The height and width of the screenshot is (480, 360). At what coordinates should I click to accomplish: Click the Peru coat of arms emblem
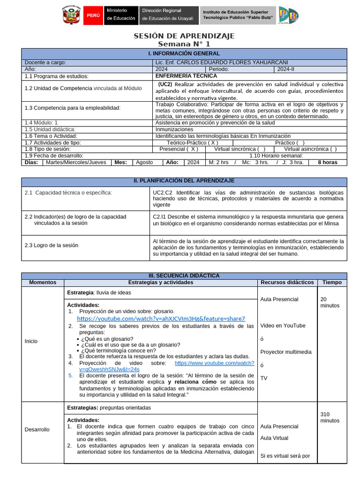[x=72, y=15]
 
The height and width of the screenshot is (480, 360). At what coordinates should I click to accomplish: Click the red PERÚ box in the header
[x=93, y=15]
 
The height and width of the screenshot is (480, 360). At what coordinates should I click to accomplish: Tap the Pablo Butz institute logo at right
[x=288, y=15]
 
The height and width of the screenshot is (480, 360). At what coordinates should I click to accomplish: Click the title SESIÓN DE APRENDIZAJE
[x=184, y=36]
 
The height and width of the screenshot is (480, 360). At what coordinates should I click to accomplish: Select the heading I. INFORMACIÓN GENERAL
[x=184, y=53]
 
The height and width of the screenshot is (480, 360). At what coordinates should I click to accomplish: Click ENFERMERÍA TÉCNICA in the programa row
[x=186, y=75]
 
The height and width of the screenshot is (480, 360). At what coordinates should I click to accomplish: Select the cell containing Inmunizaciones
[x=174, y=129]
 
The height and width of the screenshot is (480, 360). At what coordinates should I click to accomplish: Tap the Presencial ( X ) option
[x=179, y=149]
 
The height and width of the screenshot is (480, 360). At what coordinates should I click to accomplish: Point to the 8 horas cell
[x=328, y=162]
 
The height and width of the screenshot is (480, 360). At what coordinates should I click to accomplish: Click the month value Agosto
[x=144, y=162]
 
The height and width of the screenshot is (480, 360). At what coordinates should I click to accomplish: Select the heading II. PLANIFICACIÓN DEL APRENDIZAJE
[x=184, y=180]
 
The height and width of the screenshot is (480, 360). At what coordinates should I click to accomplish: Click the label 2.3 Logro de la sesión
[x=52, y=245]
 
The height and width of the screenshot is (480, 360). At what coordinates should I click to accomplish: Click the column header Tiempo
[x=332, y=283]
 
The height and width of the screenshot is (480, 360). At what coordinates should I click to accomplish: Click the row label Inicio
[x=31, y=341]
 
